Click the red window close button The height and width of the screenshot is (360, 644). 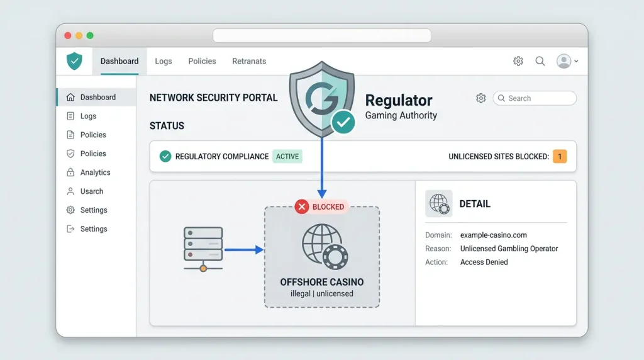click(x=68, y=36)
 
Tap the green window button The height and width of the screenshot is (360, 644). click(x=90, y=36)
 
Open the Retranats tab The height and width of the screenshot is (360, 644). click(x=249, y=61)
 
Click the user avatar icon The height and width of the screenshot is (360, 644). click(x=564, y=61)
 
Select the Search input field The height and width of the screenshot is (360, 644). click(x=535, y=98)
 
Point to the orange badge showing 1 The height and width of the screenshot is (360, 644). click(x=559, y=157)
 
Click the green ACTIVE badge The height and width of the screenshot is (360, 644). click(x=287, y=157)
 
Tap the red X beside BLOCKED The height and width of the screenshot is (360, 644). click(x=301, y=206)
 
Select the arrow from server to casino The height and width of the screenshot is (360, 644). click(x=243, y=249)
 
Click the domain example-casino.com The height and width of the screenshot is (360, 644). click(x=493, y=235)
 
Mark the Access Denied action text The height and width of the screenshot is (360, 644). click(x=484, y=262)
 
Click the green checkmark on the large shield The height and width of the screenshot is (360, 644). click(x=343, y=122)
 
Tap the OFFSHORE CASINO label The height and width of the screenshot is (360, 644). click(x=321, y=283)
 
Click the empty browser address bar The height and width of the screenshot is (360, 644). click(x=321, y=36)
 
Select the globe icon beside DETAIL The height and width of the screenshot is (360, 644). click(x=438, y=203)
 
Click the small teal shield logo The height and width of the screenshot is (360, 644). click(x=74, y=61)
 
